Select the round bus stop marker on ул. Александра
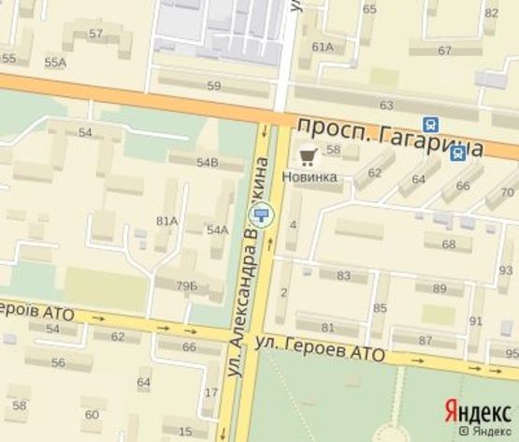265,214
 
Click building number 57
95,34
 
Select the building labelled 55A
55,62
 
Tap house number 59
213,86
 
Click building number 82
491,13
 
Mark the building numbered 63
386,105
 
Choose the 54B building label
207,163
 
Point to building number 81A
166,221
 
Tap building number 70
507,193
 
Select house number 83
343,275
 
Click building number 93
506,271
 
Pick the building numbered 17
210,392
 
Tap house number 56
58,362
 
